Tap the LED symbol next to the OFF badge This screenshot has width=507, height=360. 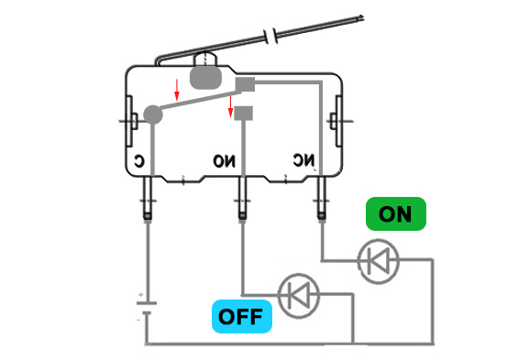[297, 295]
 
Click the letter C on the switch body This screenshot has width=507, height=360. [137, 161]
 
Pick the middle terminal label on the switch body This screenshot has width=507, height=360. [224, 161]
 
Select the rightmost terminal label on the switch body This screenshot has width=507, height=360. [303, 159]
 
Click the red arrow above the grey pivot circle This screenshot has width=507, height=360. [178, 90]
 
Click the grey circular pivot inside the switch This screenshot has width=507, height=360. [153, 115]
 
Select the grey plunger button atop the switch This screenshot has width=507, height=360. [205, 76]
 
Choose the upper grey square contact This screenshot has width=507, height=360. [244, 85]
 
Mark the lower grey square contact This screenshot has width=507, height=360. [244, 114]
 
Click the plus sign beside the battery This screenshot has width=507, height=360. [139, 296]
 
